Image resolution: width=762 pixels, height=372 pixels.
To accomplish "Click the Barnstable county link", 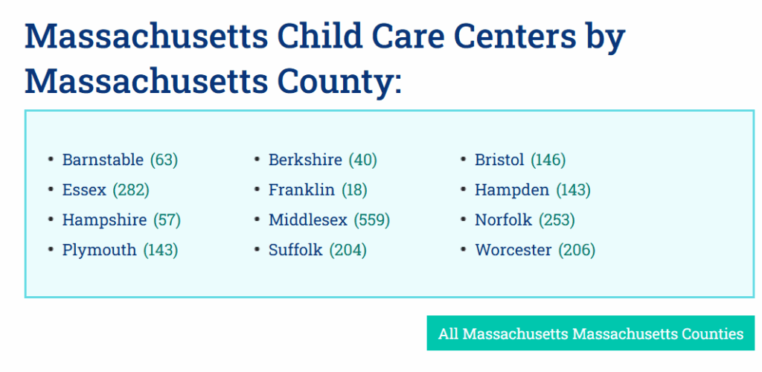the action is (x=103, y=160).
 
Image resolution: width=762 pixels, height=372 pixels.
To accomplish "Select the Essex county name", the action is (x=84, y=190).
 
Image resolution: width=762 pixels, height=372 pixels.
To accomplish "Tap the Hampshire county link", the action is (x=104, y=220).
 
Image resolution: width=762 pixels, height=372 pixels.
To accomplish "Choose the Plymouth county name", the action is (x=99, y=250).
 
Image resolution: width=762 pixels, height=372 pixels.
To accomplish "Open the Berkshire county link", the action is (x=305, y=160).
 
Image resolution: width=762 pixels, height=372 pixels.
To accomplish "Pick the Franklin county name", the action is (x=301, y=190).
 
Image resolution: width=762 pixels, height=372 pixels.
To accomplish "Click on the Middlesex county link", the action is (x=308, y=220).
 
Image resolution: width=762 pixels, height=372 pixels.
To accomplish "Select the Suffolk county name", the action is (x=295, y=250).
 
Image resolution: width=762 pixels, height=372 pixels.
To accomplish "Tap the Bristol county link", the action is (x=499, y=160).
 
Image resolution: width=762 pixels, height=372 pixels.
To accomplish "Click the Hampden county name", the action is (x=512, y=190).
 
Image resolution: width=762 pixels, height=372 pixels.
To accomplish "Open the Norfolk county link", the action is (x=504, y=220).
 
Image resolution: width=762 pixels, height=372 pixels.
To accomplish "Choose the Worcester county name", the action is (x=513, y=250).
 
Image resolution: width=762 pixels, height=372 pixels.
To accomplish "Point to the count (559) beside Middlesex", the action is (x=372, y=220).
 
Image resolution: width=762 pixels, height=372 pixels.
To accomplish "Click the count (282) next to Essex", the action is (x=131, y=190).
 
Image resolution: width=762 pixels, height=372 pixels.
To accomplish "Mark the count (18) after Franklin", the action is (x=354, y=190).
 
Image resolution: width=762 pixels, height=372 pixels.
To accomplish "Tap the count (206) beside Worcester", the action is (x=577, y=250).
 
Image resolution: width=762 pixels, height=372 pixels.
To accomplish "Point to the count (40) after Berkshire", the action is (x=362, y=160).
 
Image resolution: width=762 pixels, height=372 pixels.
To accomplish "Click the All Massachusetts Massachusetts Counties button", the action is (x=590, y=333).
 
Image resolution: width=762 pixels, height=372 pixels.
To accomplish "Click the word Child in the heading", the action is (x=319, y=36).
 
